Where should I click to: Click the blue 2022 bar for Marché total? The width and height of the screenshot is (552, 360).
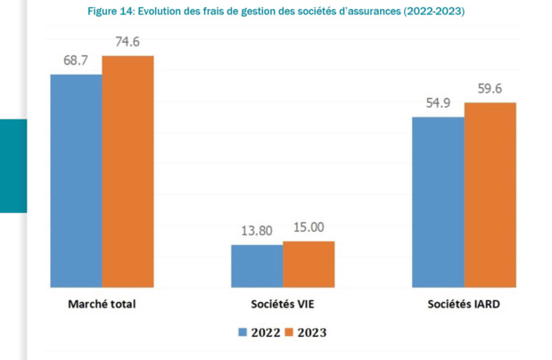pyautogui.click(x=76, y=181)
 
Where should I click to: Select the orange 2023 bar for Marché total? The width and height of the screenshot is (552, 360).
pyautogui.click(x=128, y=172)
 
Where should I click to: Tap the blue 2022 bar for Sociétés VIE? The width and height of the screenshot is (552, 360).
pyautogui.click(x=257, y=266)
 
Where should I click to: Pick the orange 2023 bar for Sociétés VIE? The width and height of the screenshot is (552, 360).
pyautogui.click(x=309, y=264)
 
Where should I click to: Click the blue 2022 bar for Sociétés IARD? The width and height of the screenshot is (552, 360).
pyautogui.click(x=438, y=202)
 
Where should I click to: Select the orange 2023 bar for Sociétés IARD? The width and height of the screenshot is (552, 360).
pyautogui.click(x=490, y=195)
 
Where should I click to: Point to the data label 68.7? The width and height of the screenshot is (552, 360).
pyautogui.click(x=77, y=60)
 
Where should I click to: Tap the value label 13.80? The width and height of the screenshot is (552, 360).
pyautogui.click(x=258, y=230)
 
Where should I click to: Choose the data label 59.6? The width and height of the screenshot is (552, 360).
pyautogui.click(x=490, y=88)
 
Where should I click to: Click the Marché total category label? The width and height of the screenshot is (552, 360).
pyautogui.click(x=101, y=305)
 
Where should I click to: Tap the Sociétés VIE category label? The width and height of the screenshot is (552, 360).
pyautogui.click(x=282, y=305)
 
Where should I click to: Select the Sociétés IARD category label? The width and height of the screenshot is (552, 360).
pyautogui.click(x=463, y=305)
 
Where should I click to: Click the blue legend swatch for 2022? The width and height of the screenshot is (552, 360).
pyautogui.click(x=242, y=332)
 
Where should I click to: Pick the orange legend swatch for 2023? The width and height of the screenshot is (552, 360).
pyautogui.click(x=289, y=332)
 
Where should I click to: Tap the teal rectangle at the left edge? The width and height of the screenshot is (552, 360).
pyautogui.click(x=13, y=166)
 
